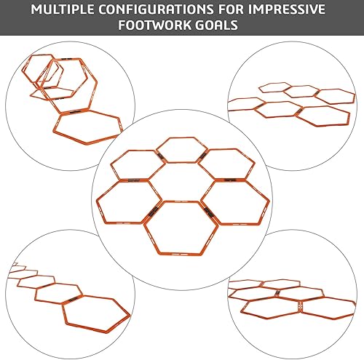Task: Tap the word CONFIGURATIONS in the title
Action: coord(154,11)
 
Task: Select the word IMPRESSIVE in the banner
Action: coord(300,11)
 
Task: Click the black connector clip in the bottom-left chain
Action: coord(70,300)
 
